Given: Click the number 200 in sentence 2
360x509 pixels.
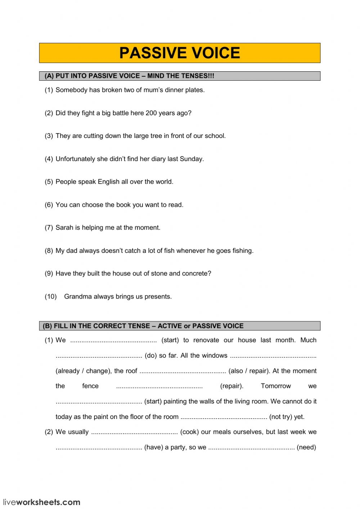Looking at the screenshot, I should [151, 113].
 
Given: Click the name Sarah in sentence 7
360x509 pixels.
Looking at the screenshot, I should [64, 228].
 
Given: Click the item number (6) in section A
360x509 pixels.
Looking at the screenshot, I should [49, 205].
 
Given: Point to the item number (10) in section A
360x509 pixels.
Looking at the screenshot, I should [51, 296].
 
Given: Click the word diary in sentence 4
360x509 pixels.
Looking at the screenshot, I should [158, 159].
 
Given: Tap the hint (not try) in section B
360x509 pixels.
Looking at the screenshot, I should [281, 417].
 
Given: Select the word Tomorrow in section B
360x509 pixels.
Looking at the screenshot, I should [276, 386].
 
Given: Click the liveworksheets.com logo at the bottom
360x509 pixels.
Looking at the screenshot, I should [42, 502].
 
